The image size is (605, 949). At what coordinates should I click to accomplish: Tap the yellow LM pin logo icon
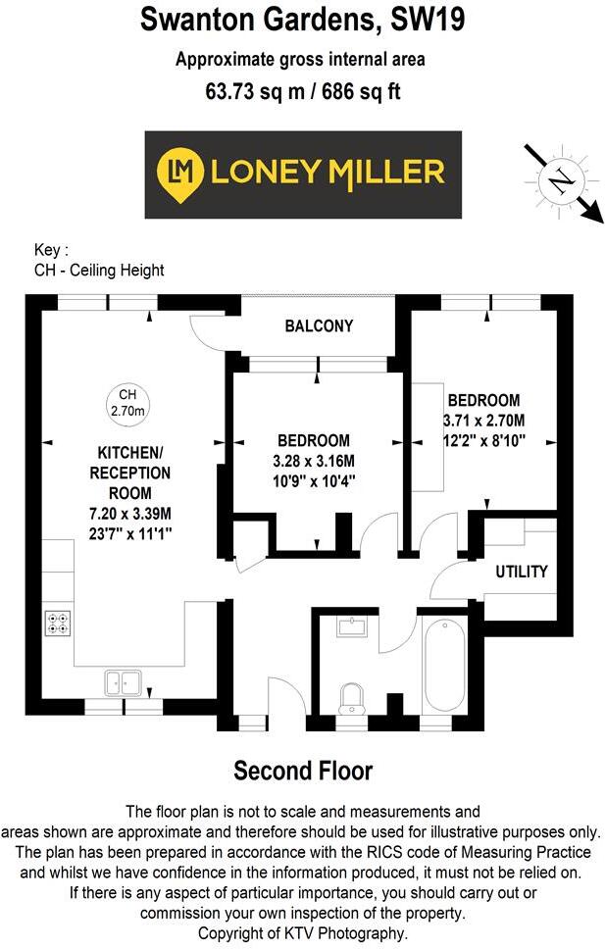[x=180, y=174]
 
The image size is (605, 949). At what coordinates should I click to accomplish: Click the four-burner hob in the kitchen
[x=58, y=625]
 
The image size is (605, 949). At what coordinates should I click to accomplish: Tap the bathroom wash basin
[x=351, y=624]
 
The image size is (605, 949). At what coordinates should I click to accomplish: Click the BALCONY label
[x=319, y=325]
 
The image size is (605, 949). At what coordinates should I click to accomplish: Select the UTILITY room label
[x=521, y=572]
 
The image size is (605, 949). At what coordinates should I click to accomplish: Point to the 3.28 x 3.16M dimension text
[x=315, y=461]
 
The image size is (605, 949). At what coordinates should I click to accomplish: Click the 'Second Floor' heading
[x=303, y=771]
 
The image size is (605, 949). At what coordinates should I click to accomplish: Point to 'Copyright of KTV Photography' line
[x=302, y=933]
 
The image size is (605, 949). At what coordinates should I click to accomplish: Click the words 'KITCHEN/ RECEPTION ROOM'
[x=133, y=472]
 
